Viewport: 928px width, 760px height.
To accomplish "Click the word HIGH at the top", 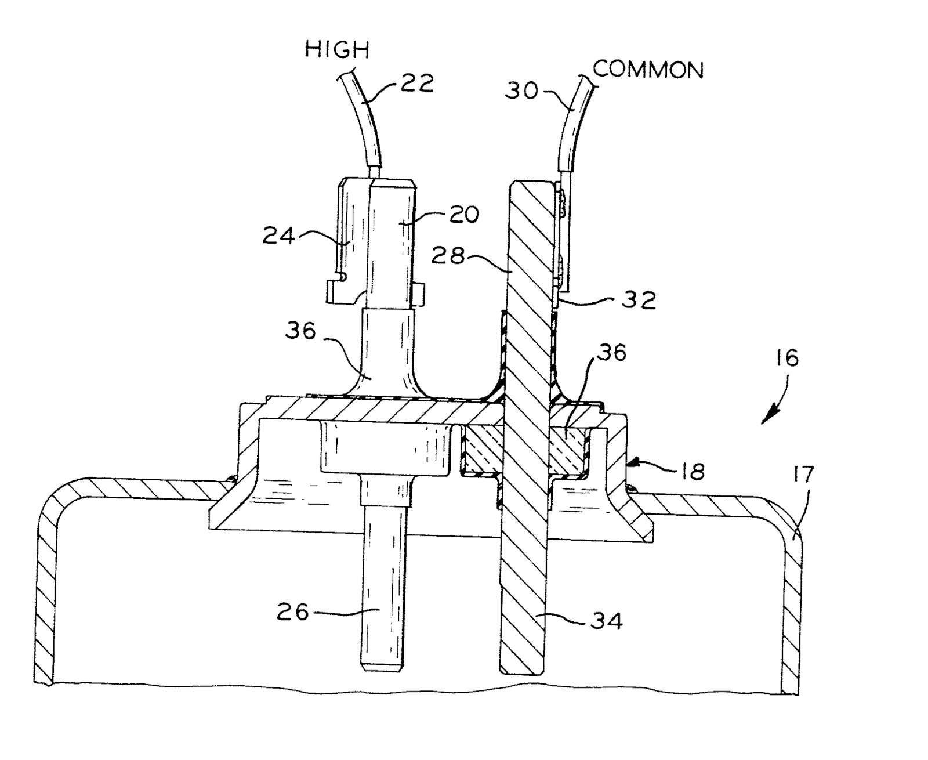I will pos(337,50).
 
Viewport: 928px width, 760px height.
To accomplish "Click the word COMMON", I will pos(648,70).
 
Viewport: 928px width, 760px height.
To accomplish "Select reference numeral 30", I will pos(521,91).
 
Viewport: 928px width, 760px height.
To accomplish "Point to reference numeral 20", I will pos(463,214).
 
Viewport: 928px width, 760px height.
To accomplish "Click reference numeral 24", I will pos(279,236).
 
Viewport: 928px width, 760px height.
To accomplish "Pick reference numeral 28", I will pos(449,255).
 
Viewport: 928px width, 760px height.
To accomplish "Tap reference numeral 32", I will pos(639,300).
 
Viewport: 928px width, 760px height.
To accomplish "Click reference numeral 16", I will pos(786,358).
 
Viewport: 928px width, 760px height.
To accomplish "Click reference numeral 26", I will pos(293,611).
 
